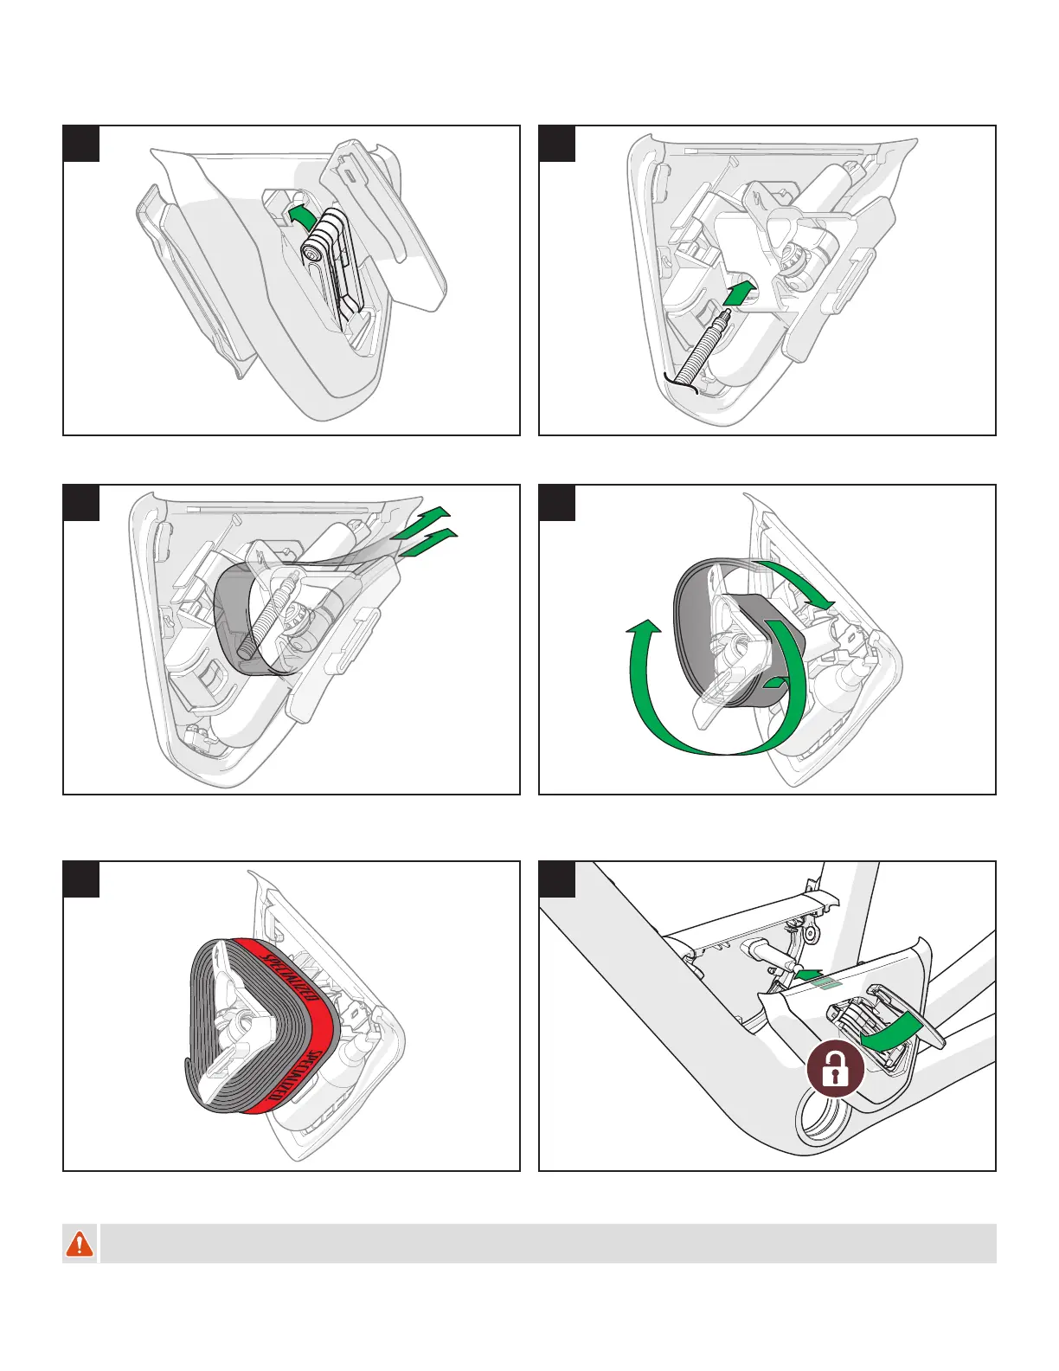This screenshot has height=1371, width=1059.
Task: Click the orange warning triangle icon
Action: click(80, 1243)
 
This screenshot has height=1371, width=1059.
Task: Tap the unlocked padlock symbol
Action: click(836, 1070)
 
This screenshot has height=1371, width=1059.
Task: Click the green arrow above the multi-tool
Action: click(300, 216)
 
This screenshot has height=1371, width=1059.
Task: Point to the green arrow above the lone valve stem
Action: click(739, 293)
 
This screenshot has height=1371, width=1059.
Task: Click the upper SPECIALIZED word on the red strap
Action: click(286, 977)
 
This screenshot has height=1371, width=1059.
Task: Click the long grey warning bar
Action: click(548, 1243)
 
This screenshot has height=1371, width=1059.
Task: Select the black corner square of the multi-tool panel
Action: click(80, 144)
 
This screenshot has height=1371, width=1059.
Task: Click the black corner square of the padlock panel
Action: click(556, 879)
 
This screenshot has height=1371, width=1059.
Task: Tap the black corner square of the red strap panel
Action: click(80, 879)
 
